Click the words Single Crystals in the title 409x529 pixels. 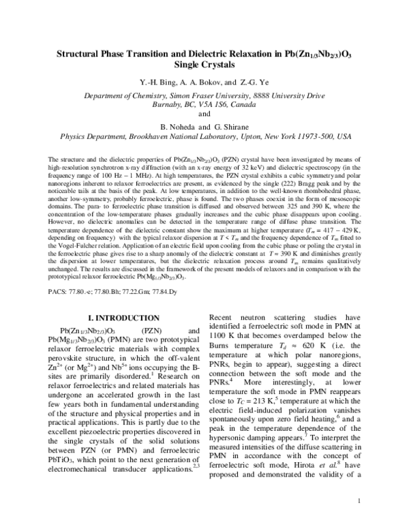tap(204, 65)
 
